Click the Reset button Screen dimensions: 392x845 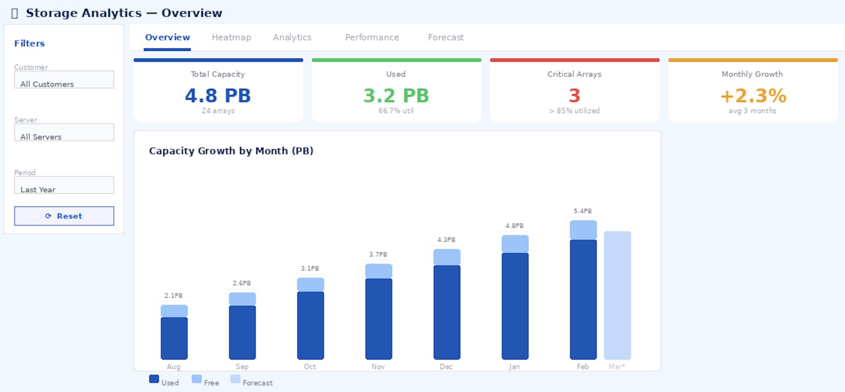point(64,216)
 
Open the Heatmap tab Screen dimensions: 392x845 point(231,37)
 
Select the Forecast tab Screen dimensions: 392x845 point(445,37)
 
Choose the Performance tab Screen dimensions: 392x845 point(372,37)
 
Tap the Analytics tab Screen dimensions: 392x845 point(292,37)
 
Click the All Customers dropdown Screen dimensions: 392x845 point(64,80)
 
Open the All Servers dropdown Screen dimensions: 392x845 point(64,133)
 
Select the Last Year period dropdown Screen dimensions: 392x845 point(64,185)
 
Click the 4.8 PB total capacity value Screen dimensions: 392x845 point(218,96)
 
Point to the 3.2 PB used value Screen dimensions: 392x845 point(396,96)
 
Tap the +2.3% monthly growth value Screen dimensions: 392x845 point(753,96)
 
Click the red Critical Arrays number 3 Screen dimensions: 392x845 point(574,96)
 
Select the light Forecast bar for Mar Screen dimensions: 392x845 point(617,295)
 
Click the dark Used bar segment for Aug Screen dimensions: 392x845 point(174,338)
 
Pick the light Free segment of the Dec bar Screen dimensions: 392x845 point(447,257)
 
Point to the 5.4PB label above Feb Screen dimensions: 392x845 point(583,211)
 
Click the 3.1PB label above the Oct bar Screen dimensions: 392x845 point(310,268)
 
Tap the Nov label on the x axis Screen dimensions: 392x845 point(378,366)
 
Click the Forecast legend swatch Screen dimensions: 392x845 point(235,379)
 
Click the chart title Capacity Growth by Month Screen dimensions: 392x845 point(231,151)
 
